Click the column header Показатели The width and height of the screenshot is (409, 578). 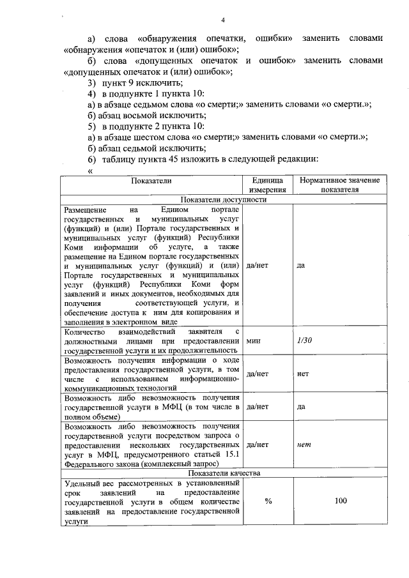tap(151, 181)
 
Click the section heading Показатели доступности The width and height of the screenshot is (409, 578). tap(224, 199)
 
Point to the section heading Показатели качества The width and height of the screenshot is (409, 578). tap(224, 473)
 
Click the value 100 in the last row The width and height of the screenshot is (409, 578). tap(341, 501)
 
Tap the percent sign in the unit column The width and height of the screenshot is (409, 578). tap(268, 501)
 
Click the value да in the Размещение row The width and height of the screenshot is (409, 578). tap(301, 264)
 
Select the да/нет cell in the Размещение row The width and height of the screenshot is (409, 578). tap(257, 264)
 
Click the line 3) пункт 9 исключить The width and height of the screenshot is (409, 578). tap(135, 84)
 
